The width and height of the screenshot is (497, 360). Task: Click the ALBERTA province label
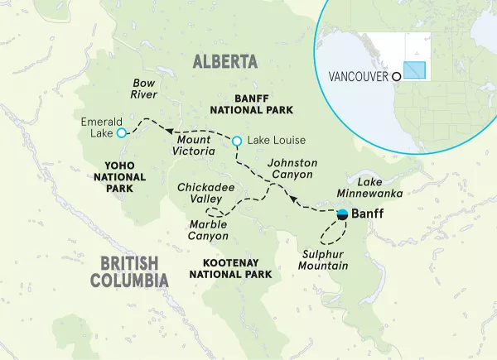click(x=224, y=61)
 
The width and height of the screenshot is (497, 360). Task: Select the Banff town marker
click(x=343, y=215)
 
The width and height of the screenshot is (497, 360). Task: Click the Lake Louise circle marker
click(x=237, y=142)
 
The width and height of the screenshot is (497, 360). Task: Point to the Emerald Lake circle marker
click(x=121, y=132)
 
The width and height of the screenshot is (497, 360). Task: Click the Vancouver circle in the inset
click(x=396, y=77)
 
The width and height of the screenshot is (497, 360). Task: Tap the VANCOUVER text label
click(x=359, y=77)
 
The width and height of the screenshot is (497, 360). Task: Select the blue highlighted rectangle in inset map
click(x=414, y=71)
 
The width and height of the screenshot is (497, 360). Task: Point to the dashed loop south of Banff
click(x=335, y=233)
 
